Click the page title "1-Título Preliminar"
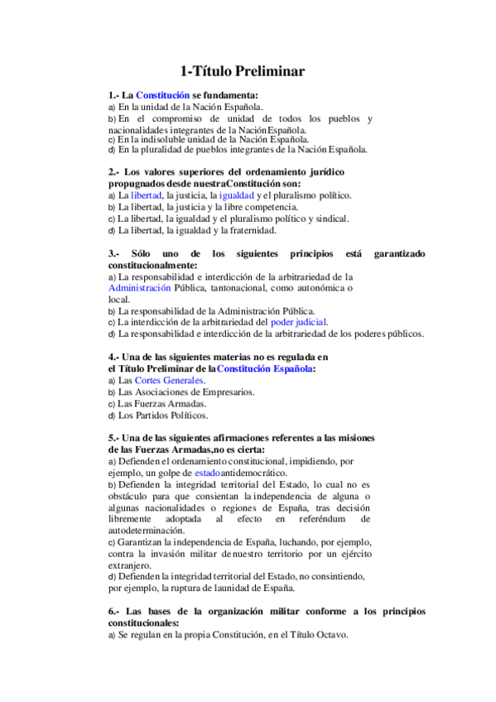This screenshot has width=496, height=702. tap(243, 72)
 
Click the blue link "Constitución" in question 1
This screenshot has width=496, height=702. tap(162, 95)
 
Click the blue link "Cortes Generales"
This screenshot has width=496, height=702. tap(169, 380)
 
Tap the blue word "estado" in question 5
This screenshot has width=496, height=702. tap(189, 471)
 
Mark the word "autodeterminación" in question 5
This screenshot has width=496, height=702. tap(148, 530)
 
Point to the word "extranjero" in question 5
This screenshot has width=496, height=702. tap(132, 565)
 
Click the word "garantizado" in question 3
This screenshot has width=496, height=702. tap(399, 252)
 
